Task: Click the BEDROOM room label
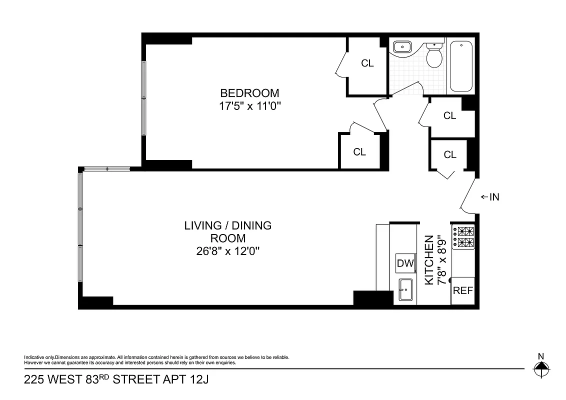(249, 93)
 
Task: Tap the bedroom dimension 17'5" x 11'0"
(249, 106)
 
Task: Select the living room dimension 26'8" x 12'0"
(227, 251)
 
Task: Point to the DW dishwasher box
(405, 263)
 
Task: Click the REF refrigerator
(462, 290)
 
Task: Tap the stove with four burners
(463, 237)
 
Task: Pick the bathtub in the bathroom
(461, 66)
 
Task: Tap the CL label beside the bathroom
(367, 63)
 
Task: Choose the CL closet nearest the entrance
(450, 155)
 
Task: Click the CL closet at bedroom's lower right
(359, 152)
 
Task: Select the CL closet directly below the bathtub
(450, 116)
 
